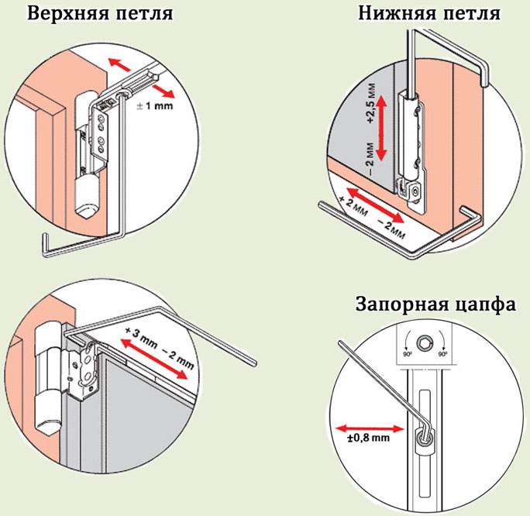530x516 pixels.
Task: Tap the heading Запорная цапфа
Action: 435,304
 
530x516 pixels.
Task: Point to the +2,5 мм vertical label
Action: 370,105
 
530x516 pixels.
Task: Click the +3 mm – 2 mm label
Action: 158,348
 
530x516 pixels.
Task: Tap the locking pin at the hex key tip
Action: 424,438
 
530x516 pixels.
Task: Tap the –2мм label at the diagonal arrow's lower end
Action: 391,226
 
